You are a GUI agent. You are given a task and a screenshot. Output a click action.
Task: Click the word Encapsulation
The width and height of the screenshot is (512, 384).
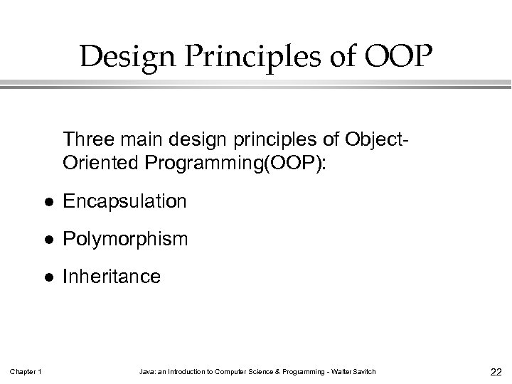point(124,202)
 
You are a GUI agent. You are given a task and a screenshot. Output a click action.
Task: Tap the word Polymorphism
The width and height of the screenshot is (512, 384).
point(126,239)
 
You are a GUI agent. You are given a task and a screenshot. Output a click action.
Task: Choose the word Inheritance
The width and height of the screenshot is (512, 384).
point(112,276)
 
